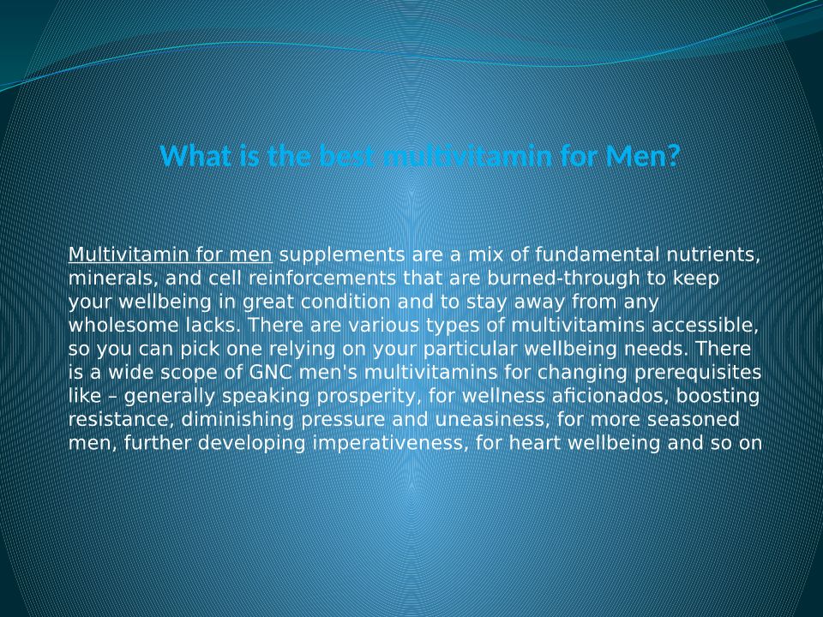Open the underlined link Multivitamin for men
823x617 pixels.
pos(170,255)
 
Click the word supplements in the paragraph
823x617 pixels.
pos(342,255)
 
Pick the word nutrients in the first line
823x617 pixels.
pos(712,255)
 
